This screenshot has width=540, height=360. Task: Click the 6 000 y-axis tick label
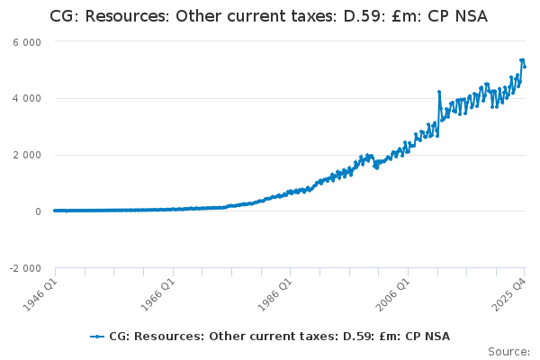(x=27, y=42)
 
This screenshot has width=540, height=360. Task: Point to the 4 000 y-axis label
(x=27, y=98)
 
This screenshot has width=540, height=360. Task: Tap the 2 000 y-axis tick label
(x=27, y=155)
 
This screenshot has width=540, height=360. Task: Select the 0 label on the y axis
(x=38, y=211)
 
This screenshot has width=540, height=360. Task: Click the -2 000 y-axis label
(x=25, y=268)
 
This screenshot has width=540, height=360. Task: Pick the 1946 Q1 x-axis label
(x=40, y=295)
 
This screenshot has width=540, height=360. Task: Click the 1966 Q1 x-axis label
(x=158, y=295)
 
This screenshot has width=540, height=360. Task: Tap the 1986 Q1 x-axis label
(x=275, y=295)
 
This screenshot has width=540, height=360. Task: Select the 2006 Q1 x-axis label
(x=393, y=295)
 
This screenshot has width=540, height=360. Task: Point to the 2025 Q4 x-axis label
(x=509, y=295)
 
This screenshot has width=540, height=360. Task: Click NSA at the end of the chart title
(x=472, y=16)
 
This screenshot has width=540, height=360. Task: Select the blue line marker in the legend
(x=97, y=337)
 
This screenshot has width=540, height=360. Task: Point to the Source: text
(x=509, y=352)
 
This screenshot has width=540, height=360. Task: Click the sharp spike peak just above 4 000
(x=439, y=92)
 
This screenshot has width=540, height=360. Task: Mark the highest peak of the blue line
(x=522, y=60)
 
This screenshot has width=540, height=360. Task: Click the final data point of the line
(x=525, y=67)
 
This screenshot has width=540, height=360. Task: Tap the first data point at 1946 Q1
(x=55, y=211)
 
